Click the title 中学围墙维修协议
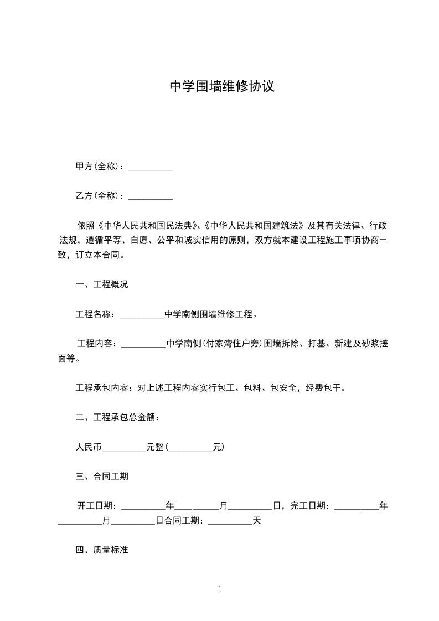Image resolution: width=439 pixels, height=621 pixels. point(221,87)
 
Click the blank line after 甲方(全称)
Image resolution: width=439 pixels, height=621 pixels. point(151,166)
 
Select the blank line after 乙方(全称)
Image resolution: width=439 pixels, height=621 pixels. point(151,195)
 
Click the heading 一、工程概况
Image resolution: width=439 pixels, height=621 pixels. point(102,285)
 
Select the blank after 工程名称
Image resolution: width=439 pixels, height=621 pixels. point(142,314)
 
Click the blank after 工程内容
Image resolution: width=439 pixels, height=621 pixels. point(143,344)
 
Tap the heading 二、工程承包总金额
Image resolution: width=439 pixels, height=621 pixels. point(117,417)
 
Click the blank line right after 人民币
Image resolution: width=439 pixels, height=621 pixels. point(124,447)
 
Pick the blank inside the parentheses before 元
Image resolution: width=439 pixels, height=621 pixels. point(190,447)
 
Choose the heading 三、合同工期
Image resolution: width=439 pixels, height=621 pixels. point(102,476)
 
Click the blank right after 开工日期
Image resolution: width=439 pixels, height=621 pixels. point(143,505)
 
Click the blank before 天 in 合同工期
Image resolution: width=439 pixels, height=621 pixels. point(230,521)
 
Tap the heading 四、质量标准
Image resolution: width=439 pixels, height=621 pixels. point(102,550)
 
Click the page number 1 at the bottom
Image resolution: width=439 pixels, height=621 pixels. point(220,589)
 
